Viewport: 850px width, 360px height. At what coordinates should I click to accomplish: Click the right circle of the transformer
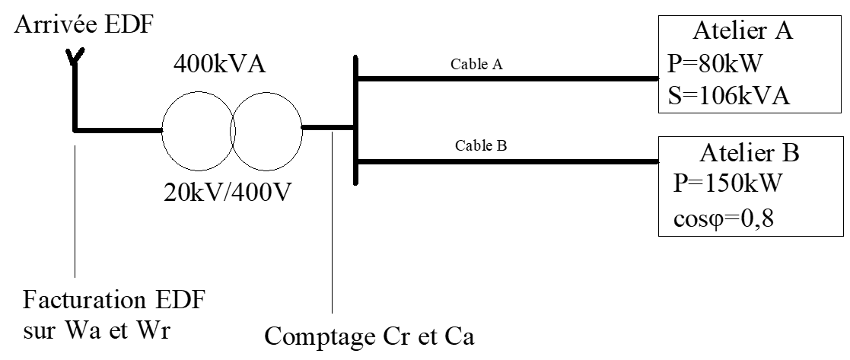tap(266, 130)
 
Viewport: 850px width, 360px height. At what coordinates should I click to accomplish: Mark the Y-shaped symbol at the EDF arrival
tap(75, 56)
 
